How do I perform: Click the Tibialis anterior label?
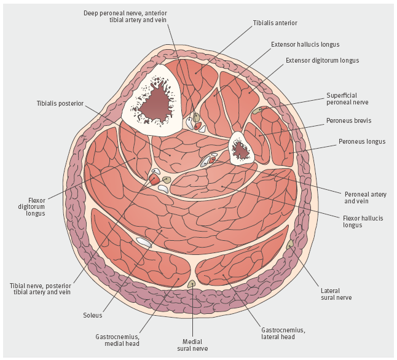(x=275, y=23)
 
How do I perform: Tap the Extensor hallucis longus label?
(x=305, y=45)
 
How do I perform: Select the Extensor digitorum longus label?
(x=322, y=61)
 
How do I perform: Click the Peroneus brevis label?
(x=349, y=120)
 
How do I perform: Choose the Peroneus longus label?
(x=362, y=142)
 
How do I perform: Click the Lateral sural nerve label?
(x=336, y=293)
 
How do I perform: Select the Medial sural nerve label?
(x=193, y=344)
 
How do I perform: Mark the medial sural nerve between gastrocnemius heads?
(x=192, y=284)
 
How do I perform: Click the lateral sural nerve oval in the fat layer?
(x=290, y=245)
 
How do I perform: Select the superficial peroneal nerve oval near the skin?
(x=257, y=111)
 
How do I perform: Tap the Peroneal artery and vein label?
(x=365, y=197)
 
